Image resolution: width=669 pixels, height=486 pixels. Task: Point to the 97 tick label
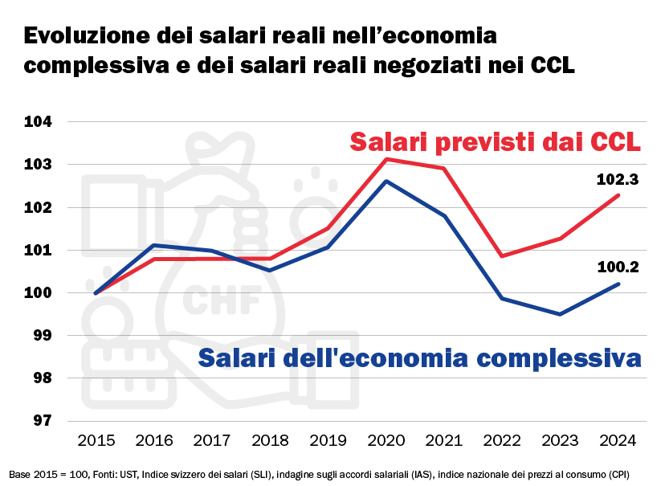(41, 420)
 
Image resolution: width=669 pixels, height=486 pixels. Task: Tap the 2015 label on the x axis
(96, 440)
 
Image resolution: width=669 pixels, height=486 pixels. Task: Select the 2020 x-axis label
(386, 440)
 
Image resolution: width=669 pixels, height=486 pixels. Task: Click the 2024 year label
(618, 440)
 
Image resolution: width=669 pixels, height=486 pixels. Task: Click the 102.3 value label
(618, 180)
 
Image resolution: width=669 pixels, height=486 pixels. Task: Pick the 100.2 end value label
(618, 267)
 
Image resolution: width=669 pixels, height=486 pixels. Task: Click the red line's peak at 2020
(386, 159)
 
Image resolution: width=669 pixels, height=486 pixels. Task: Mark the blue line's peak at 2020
(386, 182)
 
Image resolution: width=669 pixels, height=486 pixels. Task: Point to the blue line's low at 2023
(560, 314)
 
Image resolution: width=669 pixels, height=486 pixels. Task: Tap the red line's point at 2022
(502, 256)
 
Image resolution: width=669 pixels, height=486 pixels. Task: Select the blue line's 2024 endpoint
(618, 284)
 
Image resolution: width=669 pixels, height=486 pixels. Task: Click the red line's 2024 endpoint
(618, 195)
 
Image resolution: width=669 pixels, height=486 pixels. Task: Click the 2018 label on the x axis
(270, 440)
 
